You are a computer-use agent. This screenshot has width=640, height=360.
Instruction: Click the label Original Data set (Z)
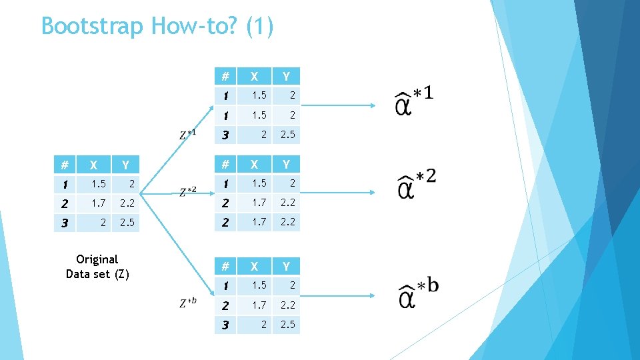click(97, 266)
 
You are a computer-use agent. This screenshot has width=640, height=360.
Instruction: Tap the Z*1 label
click(188, 134)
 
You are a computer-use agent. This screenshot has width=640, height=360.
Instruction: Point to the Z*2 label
click(188, 192)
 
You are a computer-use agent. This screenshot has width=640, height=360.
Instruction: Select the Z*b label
click(188, 303)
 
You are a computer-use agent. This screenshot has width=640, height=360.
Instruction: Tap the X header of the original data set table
click(94, 165)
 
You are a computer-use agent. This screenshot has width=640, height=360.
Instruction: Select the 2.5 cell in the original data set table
click(126, 222)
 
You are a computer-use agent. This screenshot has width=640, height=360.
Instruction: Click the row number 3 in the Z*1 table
click(226, 135)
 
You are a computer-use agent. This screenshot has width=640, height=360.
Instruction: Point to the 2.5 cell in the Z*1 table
click(288, 135)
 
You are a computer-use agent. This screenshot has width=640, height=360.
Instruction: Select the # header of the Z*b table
click(225, 267)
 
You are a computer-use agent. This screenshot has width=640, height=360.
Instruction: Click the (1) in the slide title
click(259, 27)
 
